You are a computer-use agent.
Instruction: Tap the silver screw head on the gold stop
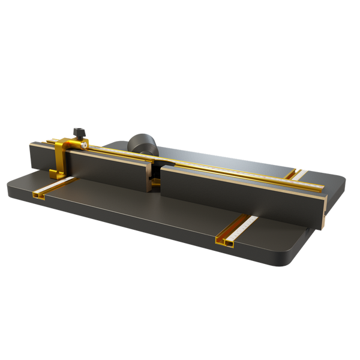click(85, 145)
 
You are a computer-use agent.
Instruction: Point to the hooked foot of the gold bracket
click(53, 175)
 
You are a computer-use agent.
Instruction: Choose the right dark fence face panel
click(240, 192)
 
